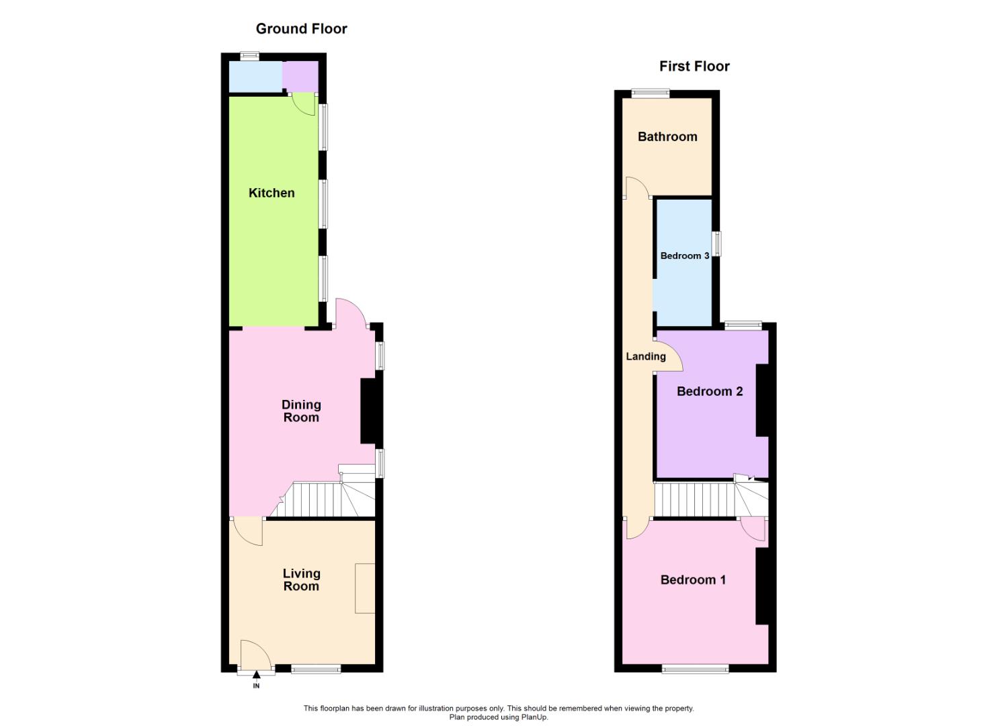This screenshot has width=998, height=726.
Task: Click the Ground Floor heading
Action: (301, 29)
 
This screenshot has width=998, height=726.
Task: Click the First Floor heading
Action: (694, 67)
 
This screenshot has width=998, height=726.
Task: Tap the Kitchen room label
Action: (272, 193)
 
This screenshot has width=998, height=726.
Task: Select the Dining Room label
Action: (301, 411)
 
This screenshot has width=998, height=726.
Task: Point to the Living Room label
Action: (301, 579)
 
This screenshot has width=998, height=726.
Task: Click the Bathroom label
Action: (667, 136)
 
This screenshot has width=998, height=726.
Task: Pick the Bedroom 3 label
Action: (684, 256)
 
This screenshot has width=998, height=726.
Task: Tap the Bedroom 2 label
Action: (710, 391)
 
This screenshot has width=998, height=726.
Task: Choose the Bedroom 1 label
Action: (693, 579)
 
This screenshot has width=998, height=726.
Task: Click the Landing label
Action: (646, 356)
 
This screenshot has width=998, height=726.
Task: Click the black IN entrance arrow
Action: (256, 675)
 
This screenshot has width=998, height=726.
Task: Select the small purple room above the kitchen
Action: (300, 76)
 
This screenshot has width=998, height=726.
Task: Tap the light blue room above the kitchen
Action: (255, 77)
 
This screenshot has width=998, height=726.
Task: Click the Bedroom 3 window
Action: (716, 243)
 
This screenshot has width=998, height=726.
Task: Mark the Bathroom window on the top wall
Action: (650, 94)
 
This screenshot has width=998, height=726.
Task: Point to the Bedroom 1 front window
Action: (695, 668)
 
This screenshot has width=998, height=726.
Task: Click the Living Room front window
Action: (316, 668)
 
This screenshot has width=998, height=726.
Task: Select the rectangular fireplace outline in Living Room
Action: (365, 588)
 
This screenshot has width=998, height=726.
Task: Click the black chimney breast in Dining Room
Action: (369, 411)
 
